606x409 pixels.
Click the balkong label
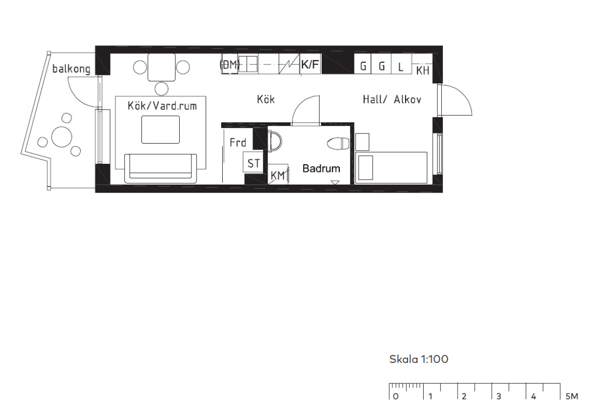71,69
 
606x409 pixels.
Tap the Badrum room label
321,168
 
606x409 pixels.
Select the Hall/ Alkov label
392,100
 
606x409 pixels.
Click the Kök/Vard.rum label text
162,106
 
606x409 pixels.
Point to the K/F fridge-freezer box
310,64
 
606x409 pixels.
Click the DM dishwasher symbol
230,65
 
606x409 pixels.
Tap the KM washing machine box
278,174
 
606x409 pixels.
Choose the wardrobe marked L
401,64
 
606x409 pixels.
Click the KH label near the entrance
422,71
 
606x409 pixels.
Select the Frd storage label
238,143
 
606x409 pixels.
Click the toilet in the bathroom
338,144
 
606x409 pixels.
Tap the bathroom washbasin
275,141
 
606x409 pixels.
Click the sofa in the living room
161,168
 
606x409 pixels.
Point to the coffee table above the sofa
161,129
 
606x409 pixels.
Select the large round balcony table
62,137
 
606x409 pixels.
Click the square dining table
162,67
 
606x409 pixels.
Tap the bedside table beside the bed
362,142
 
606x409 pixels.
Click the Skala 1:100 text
419,359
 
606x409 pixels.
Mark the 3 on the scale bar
498,396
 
